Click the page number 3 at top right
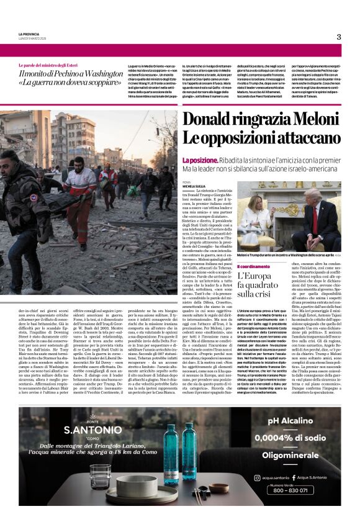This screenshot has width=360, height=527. (x=339, y=37)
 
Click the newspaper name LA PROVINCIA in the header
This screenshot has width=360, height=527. (x=29, y=34)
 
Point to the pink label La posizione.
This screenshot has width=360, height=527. (x=198, y=160)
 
